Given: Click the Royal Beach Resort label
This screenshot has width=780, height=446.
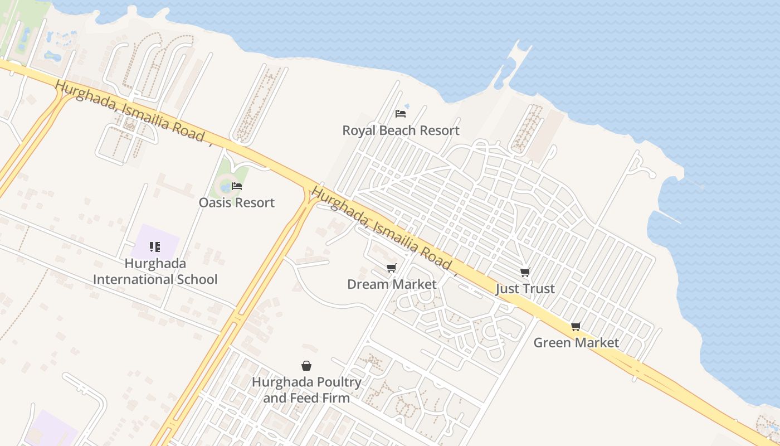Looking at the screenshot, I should point(401,130).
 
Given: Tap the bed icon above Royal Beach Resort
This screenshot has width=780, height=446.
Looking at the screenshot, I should point(400,114).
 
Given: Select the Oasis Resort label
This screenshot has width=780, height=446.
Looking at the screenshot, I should point(237,202).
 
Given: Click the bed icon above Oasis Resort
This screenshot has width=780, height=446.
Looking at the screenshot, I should point(237,186).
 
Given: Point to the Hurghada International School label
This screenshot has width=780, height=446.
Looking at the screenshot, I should point(155,271).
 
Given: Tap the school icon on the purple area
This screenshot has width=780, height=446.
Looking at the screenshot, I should point(155,246).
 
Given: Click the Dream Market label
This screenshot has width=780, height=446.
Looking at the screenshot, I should point(392,284).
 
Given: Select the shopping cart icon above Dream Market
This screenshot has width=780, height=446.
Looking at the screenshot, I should point(391,268).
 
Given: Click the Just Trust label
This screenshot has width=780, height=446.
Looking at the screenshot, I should point(525,289).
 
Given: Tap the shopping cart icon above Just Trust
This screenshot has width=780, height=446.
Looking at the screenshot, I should point(525,272).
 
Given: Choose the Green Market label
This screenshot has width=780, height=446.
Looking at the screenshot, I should point(576,342).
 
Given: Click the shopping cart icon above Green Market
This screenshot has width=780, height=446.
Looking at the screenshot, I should point(576,326).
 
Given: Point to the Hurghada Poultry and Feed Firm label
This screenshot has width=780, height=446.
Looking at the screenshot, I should point(306,390).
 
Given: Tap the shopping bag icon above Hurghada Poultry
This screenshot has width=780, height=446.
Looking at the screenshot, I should point(306,366).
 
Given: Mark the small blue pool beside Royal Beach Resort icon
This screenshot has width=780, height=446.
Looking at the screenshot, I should point(407,106).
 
